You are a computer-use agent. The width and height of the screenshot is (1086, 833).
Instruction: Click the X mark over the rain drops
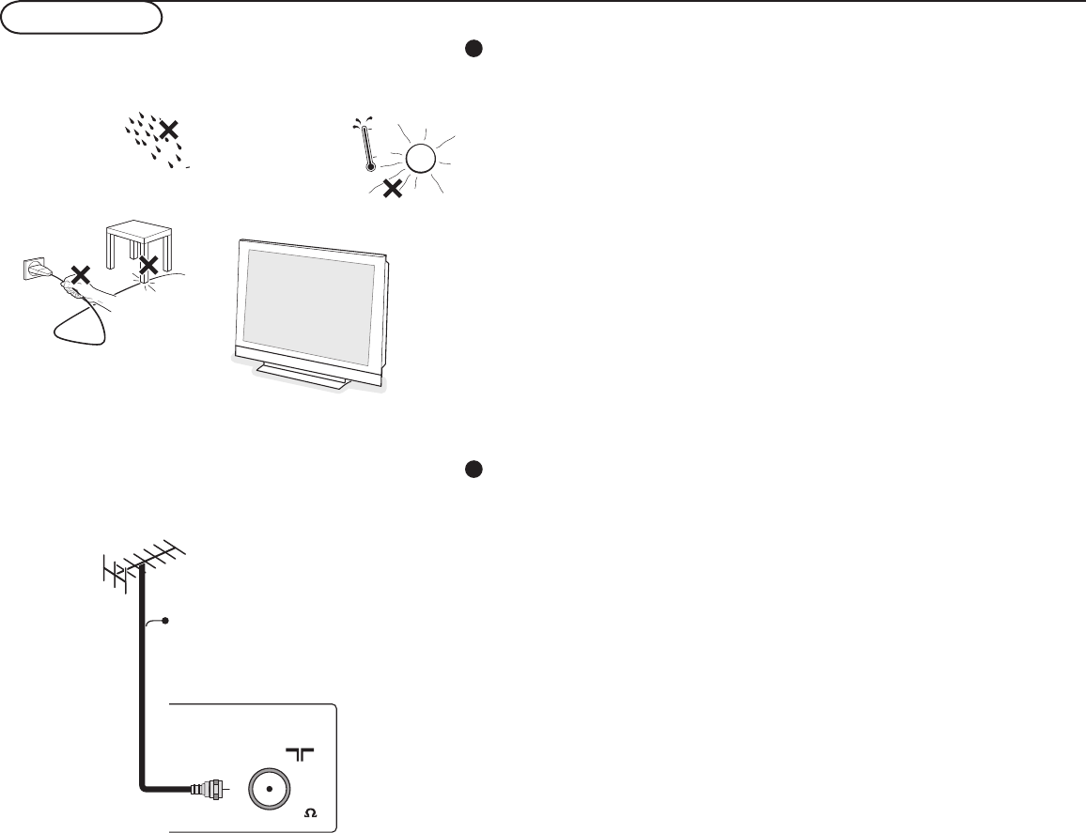169,131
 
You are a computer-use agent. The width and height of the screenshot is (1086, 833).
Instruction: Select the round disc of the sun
420,159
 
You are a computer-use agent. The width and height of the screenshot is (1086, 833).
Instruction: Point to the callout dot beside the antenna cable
165,621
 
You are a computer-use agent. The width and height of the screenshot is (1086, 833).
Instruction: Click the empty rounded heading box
83,19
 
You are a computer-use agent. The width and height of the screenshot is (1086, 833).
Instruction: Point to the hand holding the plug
94,296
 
